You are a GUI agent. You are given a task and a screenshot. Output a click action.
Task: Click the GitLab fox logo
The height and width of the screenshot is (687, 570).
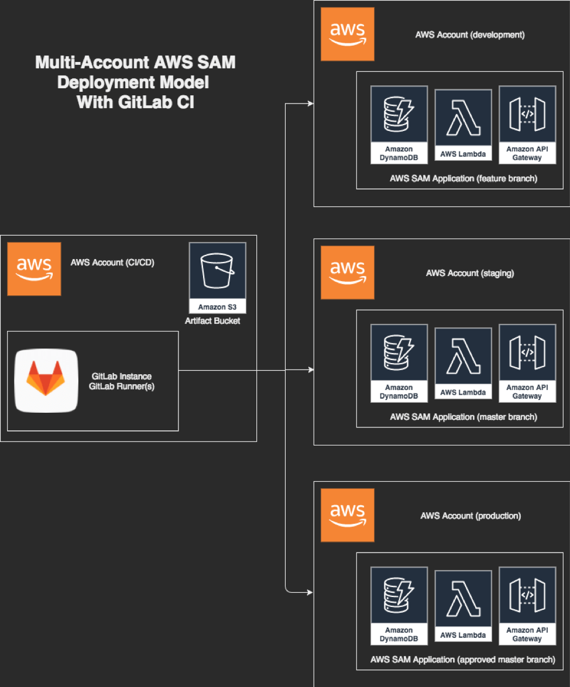(46, 380)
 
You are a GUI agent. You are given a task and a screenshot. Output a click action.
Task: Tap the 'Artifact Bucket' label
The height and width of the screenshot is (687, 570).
(212, 321)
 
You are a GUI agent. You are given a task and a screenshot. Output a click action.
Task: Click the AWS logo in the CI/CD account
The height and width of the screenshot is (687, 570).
(34, 268)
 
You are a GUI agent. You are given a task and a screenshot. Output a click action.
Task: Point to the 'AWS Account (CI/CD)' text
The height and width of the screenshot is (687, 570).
(112, 263)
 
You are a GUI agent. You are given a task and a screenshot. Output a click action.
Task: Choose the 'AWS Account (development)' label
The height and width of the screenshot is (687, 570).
(470, 34)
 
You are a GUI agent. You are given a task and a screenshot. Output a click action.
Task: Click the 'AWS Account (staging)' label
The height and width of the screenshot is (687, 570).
(470, 273)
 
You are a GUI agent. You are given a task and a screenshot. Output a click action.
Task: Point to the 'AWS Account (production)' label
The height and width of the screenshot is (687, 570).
(471, 516)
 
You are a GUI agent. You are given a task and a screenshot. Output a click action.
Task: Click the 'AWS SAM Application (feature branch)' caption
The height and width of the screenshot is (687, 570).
(463, 178)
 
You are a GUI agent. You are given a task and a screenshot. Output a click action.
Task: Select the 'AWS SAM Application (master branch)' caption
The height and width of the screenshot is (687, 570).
(463, 417)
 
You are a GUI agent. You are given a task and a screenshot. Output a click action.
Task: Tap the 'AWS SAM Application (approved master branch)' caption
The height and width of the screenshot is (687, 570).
(462, 660)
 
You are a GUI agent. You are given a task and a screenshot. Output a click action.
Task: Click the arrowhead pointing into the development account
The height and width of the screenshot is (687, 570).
(311, 104)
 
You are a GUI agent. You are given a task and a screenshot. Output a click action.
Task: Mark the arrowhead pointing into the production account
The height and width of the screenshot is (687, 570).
(311, 592)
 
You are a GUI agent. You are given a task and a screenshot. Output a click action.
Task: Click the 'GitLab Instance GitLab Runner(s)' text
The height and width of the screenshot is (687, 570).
(122, 381)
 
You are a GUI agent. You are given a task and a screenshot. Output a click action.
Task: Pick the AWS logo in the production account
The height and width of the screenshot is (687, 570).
(348, 515)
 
